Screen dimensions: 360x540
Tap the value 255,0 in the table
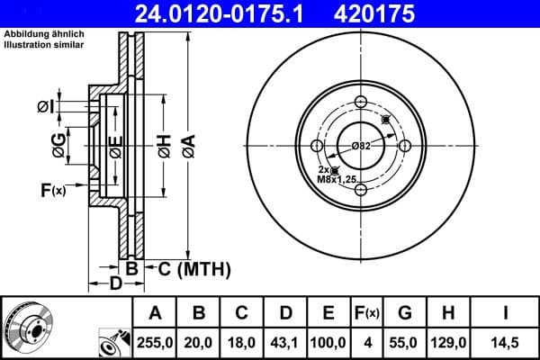click(154, 344)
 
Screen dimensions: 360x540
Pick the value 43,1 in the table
click(285, 344)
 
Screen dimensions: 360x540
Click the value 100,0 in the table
click(328, 344)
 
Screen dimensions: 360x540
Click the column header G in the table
click(405, 313)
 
